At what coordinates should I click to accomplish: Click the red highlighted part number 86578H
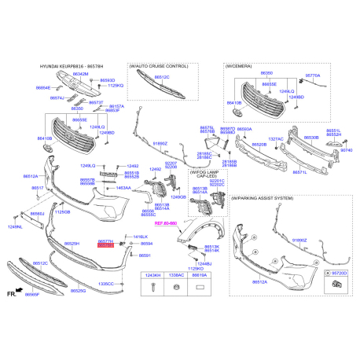click(105, 246)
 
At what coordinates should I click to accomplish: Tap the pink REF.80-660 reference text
click(167, 224)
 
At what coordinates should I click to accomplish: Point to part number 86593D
click(108, 80)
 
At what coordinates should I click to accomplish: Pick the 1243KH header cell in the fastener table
click(150, 276)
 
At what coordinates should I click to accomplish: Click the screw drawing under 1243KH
click(150, 288)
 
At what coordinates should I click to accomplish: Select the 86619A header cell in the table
click(201, 276)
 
